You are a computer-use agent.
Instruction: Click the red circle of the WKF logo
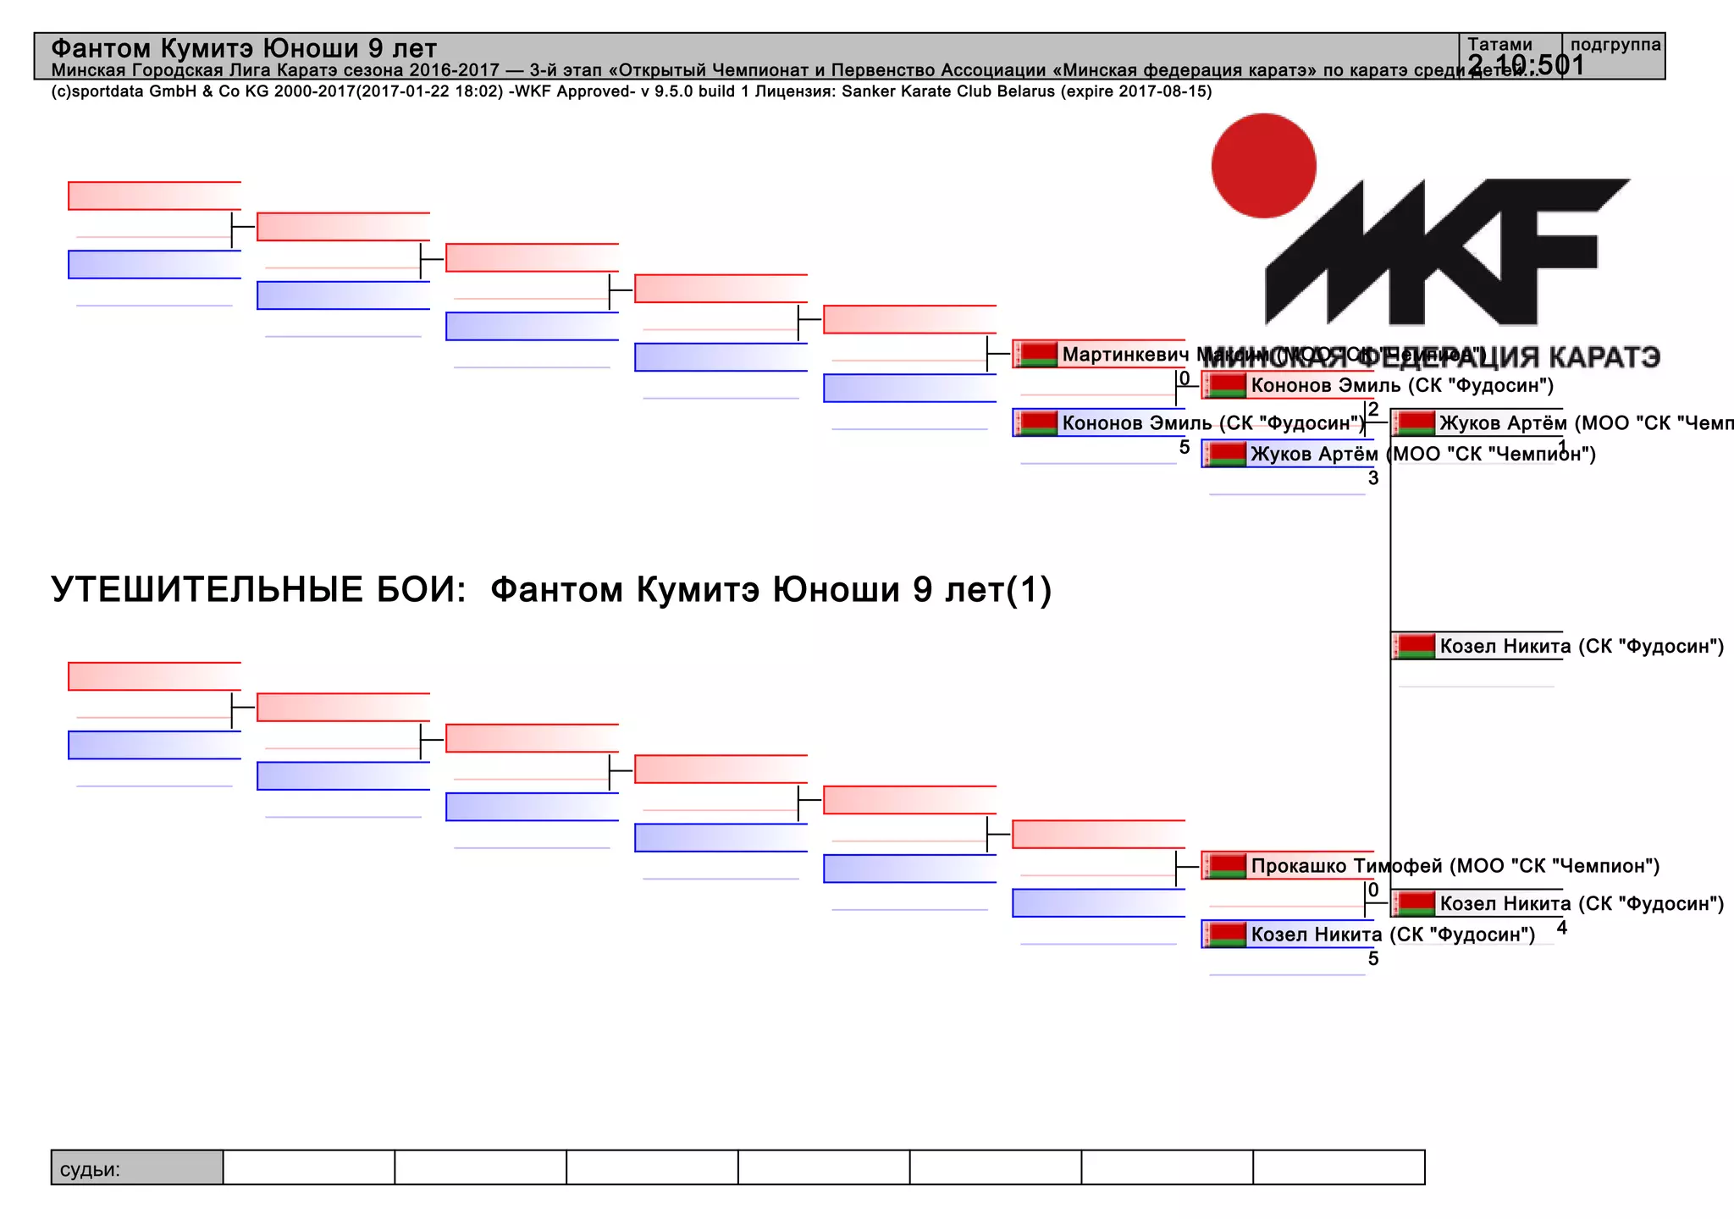tap(1263, 166)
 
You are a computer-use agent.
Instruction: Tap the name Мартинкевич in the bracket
tap(1124, 355)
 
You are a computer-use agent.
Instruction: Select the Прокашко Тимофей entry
tap(1346, 866)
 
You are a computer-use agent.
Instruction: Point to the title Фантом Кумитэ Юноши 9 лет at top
tap(244, 48)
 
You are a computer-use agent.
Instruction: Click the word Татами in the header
tap(1499, 44)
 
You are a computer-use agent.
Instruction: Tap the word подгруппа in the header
tap(1615, 44)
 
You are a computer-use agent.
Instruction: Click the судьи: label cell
tap(91, 1170)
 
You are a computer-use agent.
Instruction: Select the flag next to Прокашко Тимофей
tap(1226, 866)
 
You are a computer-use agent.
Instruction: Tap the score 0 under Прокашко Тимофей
tap(1373, 890)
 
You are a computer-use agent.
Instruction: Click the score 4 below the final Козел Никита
tap(1562, 928)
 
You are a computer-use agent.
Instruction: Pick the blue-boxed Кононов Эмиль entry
tap(1211, 423)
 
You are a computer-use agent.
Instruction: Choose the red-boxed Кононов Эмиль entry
tap(1401, 386)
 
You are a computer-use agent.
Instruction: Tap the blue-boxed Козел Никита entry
tap(1393, 935)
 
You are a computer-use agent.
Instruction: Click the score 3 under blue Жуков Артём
tap(1373, 478)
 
